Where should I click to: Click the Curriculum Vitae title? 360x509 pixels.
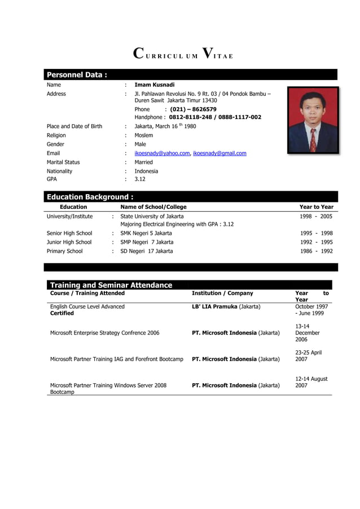(183, 55)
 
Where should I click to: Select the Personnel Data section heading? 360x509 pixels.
(77, 75)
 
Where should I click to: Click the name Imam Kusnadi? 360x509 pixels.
(155, 85)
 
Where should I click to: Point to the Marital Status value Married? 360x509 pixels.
(143, 163)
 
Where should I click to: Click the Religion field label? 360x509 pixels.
(56, 135)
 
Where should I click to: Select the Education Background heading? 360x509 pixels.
(90, 197)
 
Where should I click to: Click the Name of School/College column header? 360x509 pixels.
(153, 207)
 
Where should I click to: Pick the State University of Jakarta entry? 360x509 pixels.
(152, 216)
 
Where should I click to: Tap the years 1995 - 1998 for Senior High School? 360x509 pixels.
(315, 234)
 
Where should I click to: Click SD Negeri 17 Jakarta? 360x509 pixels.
(147, 252)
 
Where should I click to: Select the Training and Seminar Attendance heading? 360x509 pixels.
(111, 285)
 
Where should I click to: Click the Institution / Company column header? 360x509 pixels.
(222, 293)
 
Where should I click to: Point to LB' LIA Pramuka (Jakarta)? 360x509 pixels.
(226, 307)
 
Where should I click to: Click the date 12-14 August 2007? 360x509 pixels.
(311, 383)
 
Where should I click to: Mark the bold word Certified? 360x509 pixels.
(62, 314)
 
